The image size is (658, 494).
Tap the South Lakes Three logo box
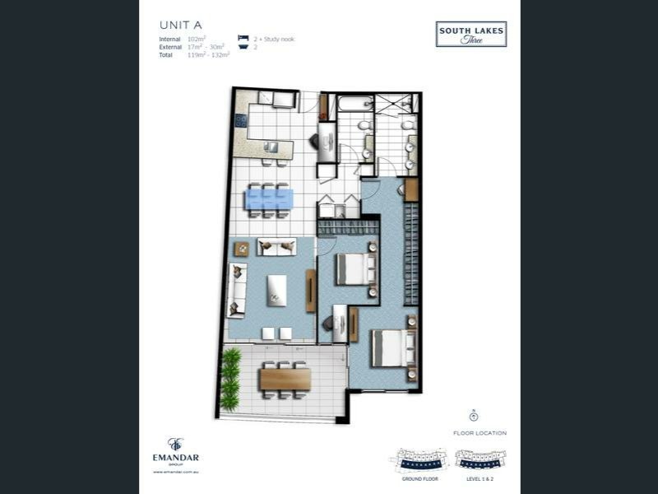pyautogui.click(x=471, y=35)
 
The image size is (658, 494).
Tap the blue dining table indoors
pyautogui.click(x=270, y=199)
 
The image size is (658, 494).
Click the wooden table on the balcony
pyautogui.click(x=285, y=379)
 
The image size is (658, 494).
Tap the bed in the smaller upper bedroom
pyautogui.click(x=356, y=268)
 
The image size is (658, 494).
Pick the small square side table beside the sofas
pyautogui.click(x=241, y=248)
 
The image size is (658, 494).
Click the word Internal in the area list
pyautogui.click(x=171, y=39)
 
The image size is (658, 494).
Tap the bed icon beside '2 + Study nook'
pyautogui.click(x=243, y=39)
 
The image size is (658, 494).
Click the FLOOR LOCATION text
pyautogui.click(x=480, y=433)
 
